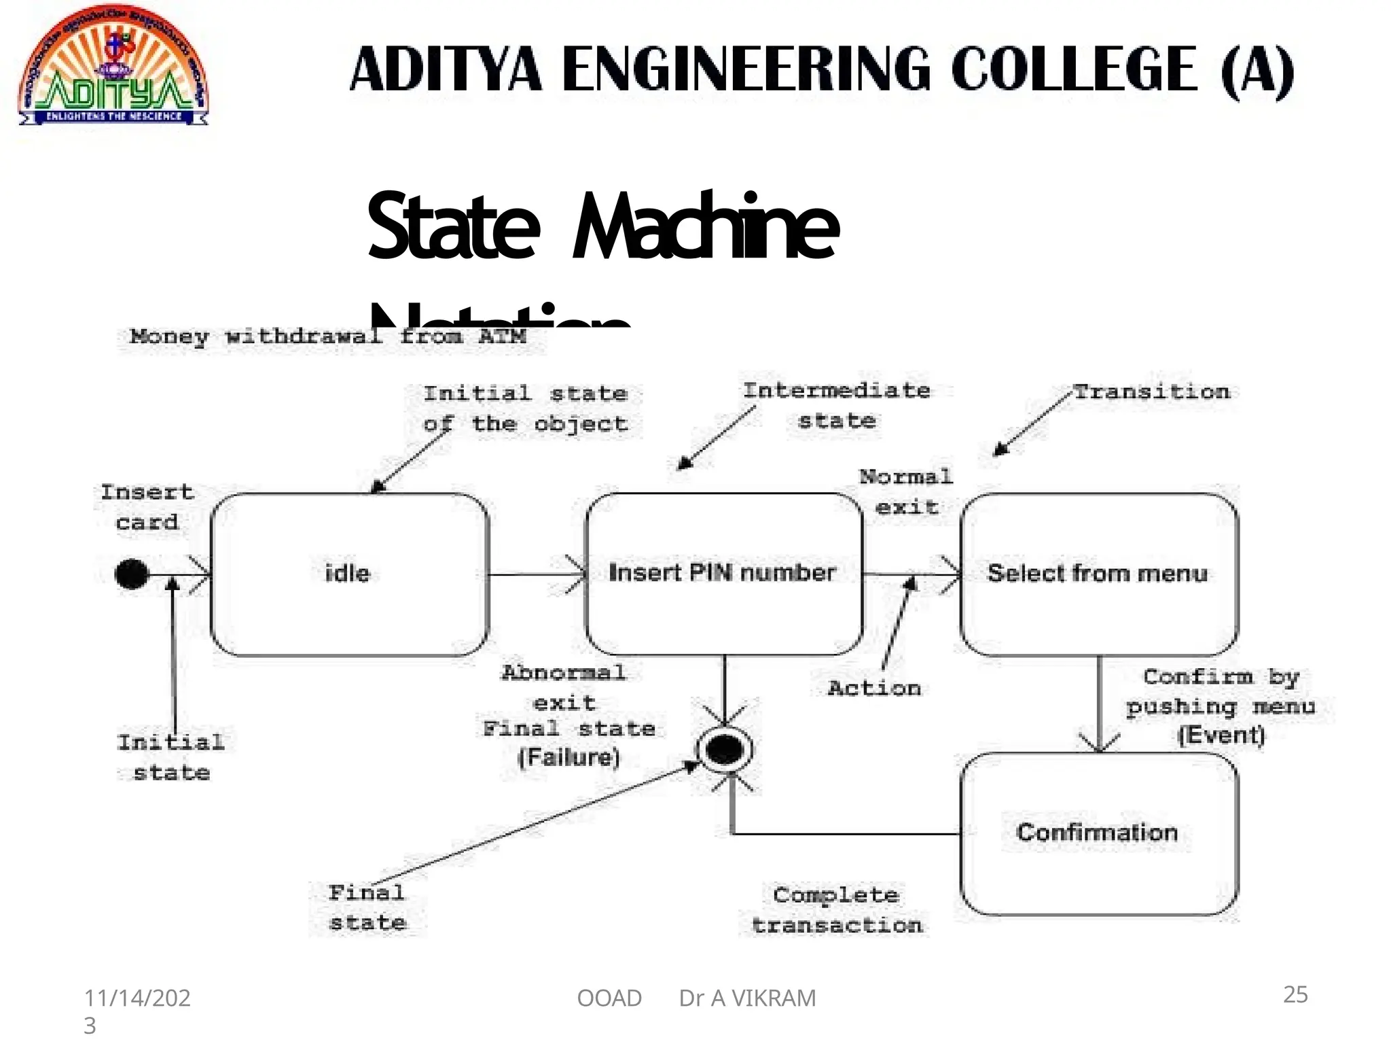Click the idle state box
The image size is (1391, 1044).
pyautogui.click(x=349, y=574)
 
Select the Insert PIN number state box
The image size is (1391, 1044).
pyautogui.click(x=723, y=574)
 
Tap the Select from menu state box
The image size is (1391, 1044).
pyautogui.click(x=1098, y=574)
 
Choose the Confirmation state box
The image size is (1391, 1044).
pyautogui.click(x=1098, y=833)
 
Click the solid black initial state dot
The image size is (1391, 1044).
pyautogui.click(x=132, y=574)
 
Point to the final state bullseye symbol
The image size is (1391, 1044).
pyautogui.click(x=725, y=750)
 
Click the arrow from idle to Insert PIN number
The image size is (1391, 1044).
pyautogui.click(x=537, y=575)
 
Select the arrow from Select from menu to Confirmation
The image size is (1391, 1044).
pyautogui.click(x=1100, y=703)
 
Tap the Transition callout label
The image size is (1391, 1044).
pyautogui.click(x=1152, y=392)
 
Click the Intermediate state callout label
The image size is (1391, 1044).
pyautogui.click(x=837, y=406)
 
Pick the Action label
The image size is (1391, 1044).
pyautogui.click(x=874, y=689)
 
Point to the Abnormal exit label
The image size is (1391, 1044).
pyautogui.click(x=564, y=687)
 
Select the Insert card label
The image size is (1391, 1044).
pyautogui.click(x=147, y=507)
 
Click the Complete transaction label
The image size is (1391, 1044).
pyautogui.click(x=836, y=910)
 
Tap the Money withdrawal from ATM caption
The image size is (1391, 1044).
pyautogui.click(x=328, y=336)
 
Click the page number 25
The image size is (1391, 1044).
pyautogui.click(x=1295, y=994)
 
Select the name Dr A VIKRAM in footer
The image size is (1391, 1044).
pyautogui.click(x=747, y=998)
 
